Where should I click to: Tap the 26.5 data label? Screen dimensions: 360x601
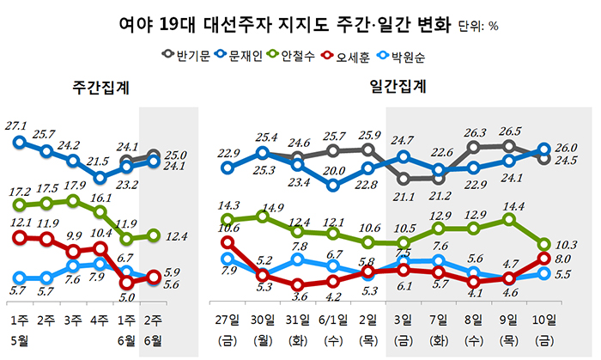point(509,131)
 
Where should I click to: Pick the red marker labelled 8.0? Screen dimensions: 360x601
point(544,258)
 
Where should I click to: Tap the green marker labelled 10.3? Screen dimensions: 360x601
point(544,245)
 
